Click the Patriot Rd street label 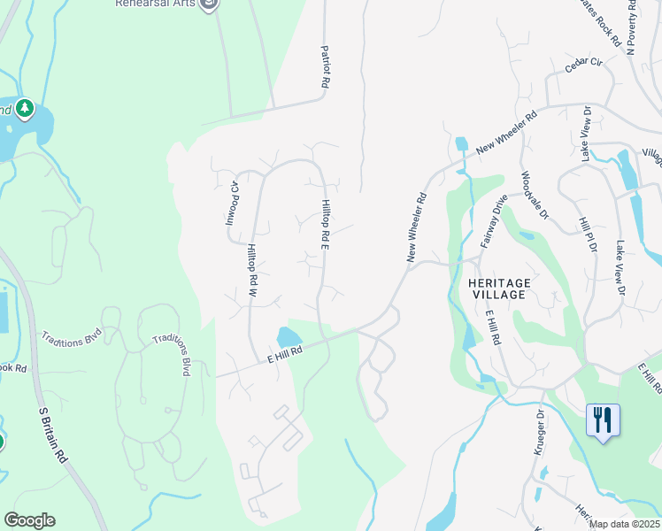[x=325, y=66]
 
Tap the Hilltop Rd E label [x=325, y=224]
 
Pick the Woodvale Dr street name [x=535, y=195]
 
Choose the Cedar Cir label [x=583, y=63]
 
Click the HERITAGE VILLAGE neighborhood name [x=498, y=289]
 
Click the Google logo [x=29, y=520]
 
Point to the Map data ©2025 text [x=624, y=524]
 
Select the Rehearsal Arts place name [x=154, y=4]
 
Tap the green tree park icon [x=24, y=108]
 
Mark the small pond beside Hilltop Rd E [x=289, y=337]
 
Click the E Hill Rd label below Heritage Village [x=494, y=327]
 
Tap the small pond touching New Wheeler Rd [x=460, y=143]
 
